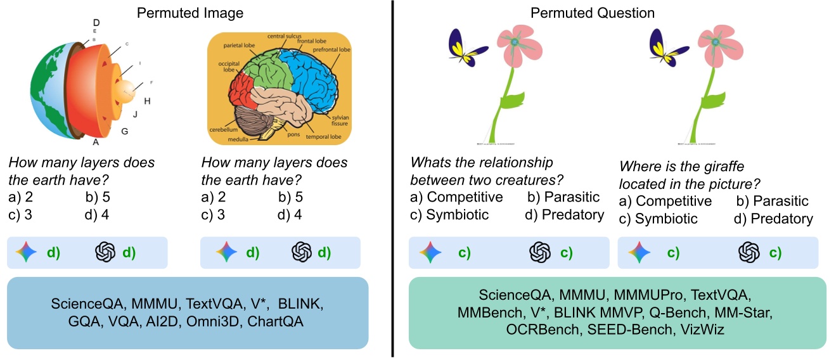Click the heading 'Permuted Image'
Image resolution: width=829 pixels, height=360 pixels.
189,13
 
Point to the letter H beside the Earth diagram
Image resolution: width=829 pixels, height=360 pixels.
147,101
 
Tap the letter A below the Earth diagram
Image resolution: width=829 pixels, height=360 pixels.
96,142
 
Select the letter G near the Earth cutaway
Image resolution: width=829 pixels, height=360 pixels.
124,131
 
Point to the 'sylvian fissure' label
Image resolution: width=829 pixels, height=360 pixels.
338,121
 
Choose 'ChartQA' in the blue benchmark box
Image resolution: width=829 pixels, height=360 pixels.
275,321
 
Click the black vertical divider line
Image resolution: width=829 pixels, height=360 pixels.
393,177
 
